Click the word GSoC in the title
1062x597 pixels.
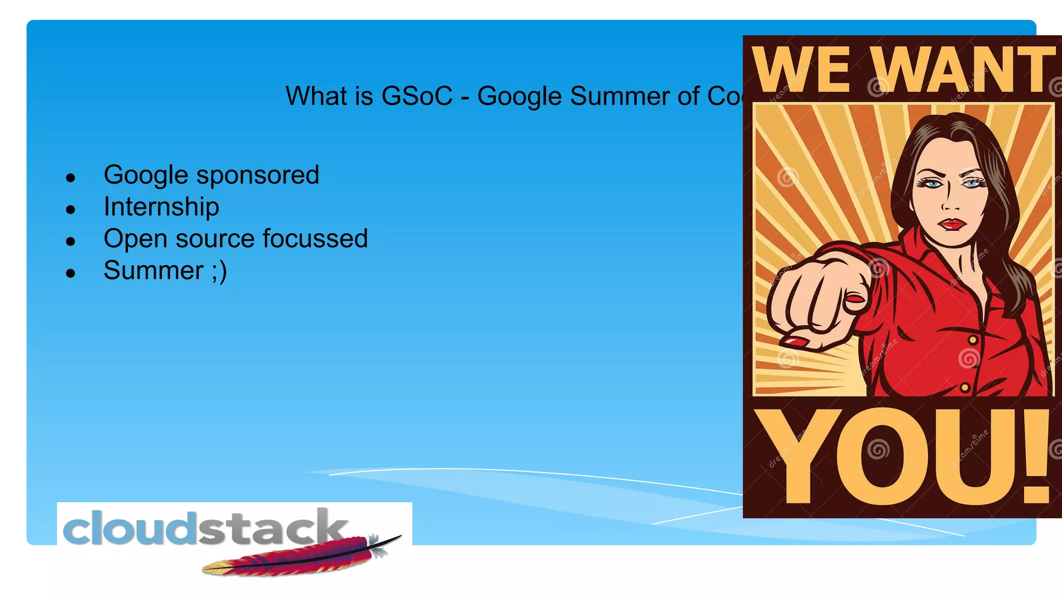point(417,96)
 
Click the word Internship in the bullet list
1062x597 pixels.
point(161,207)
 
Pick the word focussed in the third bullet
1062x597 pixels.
point(315,238)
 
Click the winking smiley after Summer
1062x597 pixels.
point(219,271)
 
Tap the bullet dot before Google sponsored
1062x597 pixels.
point(71,178)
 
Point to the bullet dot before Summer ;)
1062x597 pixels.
point(71,273)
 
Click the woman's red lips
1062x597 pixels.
point(952,224)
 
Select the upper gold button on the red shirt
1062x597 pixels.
point(973,340)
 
